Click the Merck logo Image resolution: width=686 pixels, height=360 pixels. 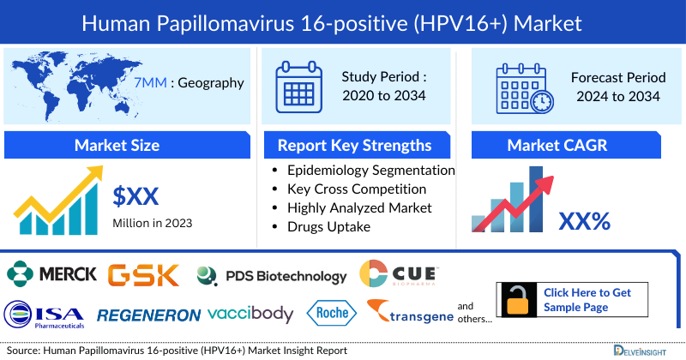[51, 275]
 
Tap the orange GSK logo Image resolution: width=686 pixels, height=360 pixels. [143, 275]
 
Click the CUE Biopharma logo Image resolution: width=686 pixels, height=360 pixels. [399, 274]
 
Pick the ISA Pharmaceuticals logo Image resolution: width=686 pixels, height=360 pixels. [45, 315]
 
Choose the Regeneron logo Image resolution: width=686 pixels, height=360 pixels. [148, 315]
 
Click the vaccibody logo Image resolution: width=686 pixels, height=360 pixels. [250, 314]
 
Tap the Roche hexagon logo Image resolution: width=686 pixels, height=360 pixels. [329, 314]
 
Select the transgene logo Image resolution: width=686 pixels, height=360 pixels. [409, 314]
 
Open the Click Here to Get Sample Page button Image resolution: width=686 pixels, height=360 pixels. [588, 300]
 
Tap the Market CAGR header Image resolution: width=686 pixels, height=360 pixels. [569, 145]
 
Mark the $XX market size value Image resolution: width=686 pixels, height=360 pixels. [136, 196]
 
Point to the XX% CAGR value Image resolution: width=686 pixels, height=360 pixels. [584, 222]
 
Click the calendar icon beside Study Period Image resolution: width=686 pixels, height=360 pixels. [298, 87]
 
